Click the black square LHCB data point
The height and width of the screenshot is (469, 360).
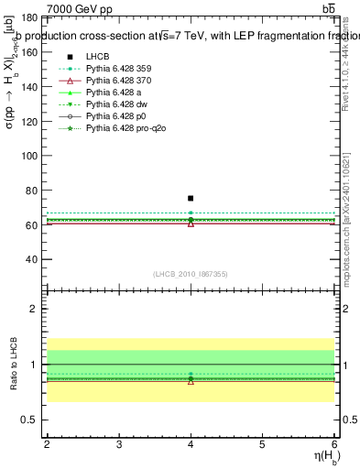click(191, 198)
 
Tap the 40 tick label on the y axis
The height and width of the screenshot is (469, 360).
click(33, 259)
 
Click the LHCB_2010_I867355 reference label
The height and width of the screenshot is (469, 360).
click(190, 274)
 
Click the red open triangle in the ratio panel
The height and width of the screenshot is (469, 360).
click(191, 380)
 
